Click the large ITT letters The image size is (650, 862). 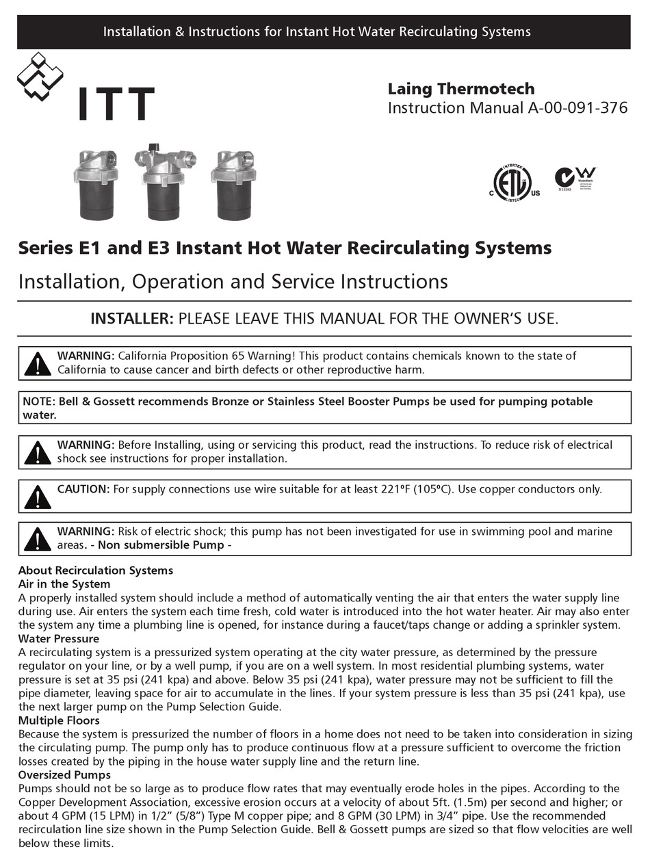click(115, 104)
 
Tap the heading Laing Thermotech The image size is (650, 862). click(461, 89)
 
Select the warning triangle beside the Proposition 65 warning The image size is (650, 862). click(38, 364)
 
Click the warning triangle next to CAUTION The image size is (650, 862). click(38, 497)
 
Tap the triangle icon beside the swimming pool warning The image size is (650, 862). click(38, 539)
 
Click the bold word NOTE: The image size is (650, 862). click(39, 402)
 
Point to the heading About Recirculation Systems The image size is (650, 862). click(95, 571)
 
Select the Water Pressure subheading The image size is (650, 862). click(58, 639)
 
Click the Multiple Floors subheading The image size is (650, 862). click(59, 720)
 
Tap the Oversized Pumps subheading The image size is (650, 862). click(64, 775)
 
